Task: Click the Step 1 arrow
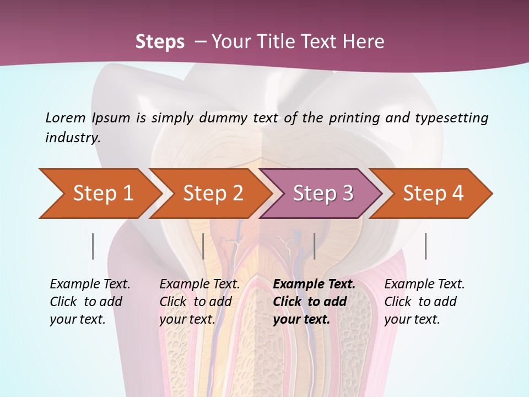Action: click(102, 194)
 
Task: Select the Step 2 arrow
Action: click(213, 194)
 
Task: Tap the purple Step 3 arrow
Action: click(323, 194)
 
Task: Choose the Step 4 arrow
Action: click(433, 194)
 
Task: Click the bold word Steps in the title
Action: click(160, 42)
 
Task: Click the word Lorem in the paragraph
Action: click(65, 117)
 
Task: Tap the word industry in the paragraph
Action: click(73, 137)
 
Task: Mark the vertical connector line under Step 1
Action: click(93, 246)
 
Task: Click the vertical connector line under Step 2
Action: click(203, 246)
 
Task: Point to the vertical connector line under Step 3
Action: click(314, 246)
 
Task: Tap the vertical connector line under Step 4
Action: click(425, 246)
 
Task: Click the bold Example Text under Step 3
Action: click(314, 285)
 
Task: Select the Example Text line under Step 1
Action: click(90, 285)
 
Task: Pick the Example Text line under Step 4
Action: click(424, 285)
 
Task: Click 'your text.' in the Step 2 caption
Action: click(187, 319)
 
